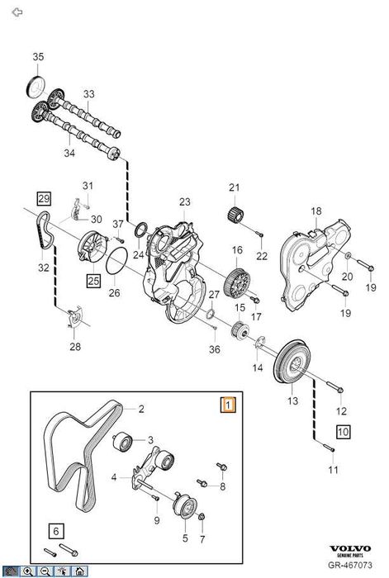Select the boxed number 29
tap(44, 198)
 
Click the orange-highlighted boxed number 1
tap(227, 405)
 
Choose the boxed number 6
tap(55, 531)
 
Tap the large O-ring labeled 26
tap(116, 264)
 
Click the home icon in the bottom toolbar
tap(80, 571)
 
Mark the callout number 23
tap(184, 202)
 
